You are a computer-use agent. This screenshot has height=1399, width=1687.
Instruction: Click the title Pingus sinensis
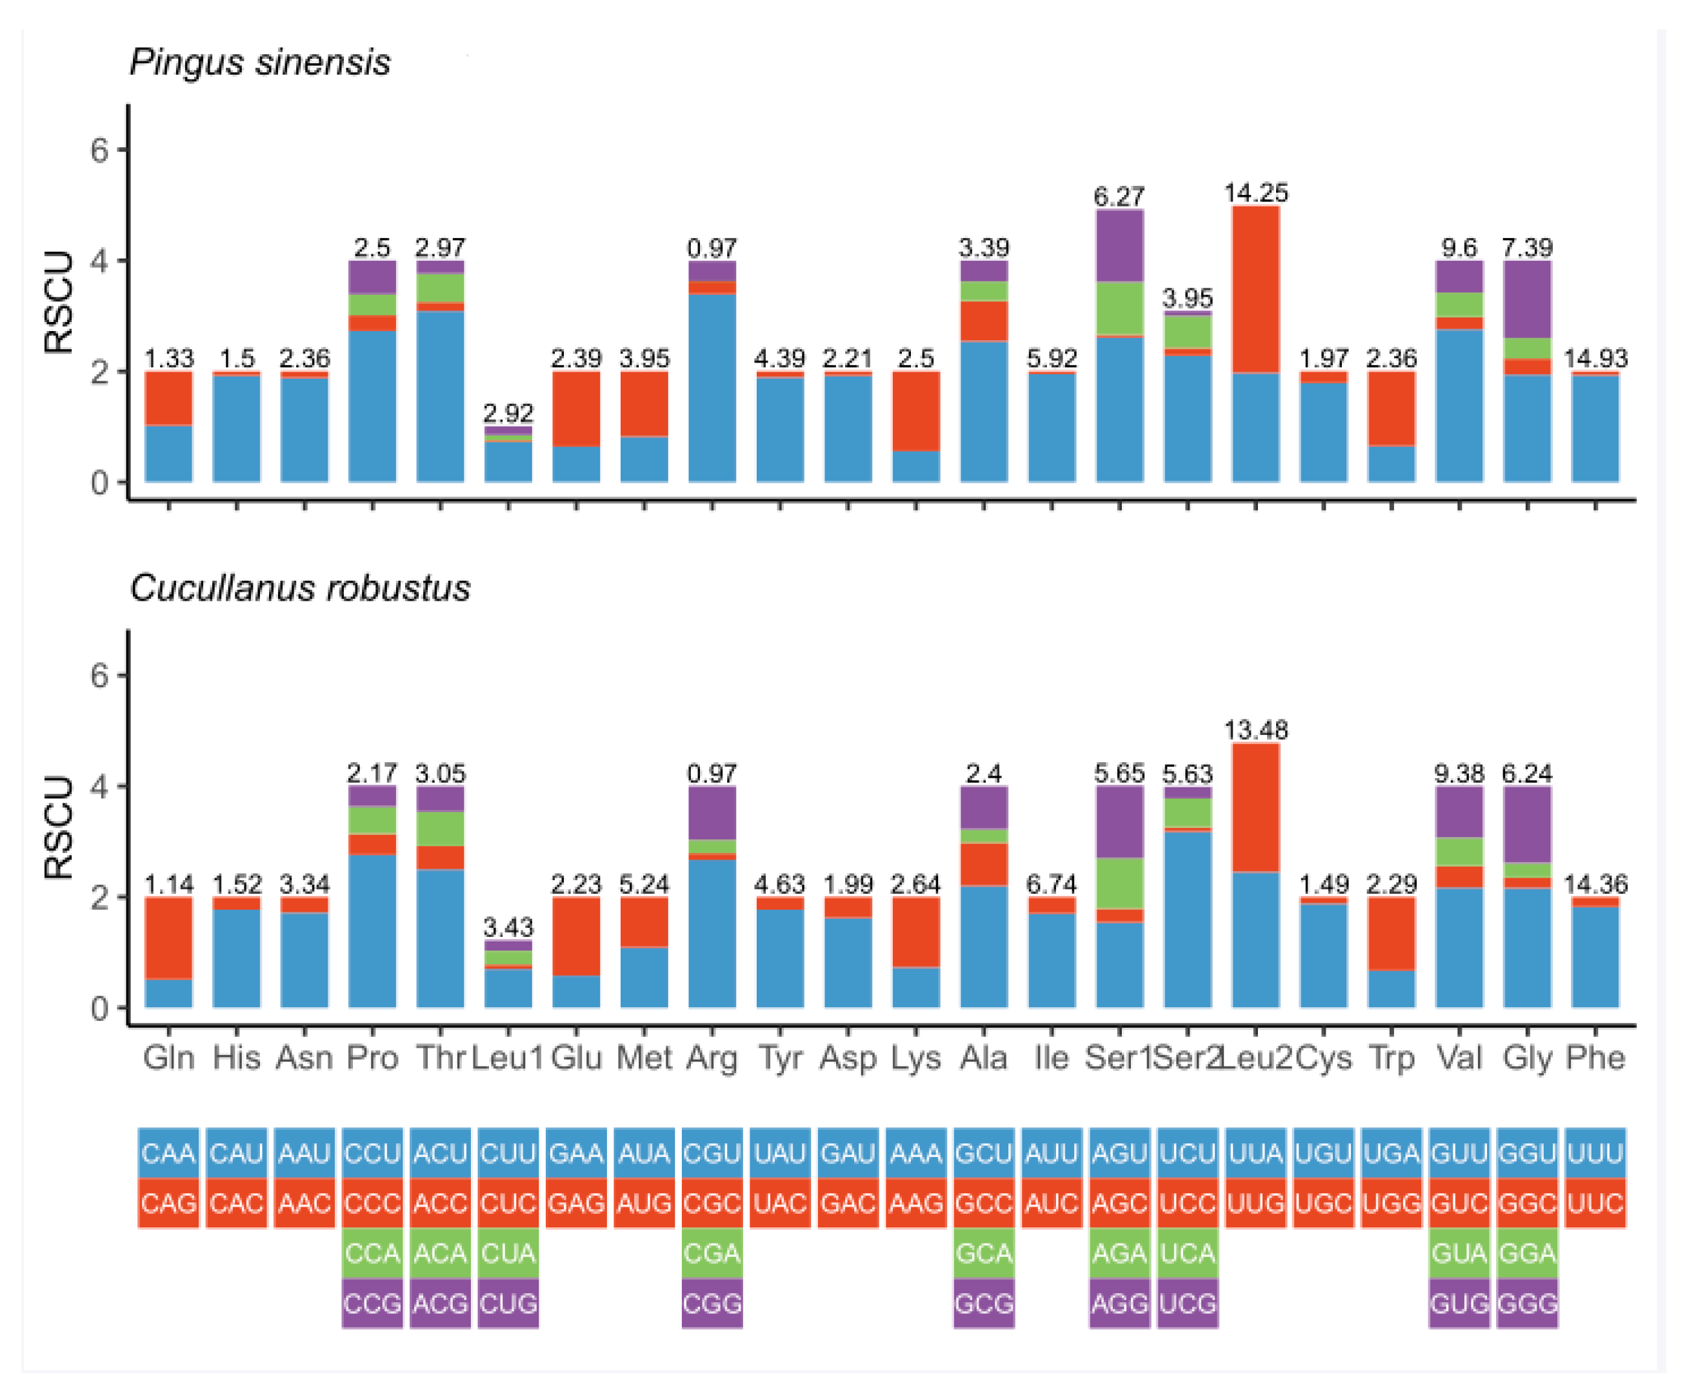click(259, 63)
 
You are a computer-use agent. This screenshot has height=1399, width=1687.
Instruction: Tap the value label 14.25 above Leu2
click(1255, 193)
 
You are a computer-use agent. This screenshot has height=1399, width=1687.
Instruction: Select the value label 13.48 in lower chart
click(1255, 730)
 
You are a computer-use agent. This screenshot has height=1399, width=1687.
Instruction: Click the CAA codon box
click(168, 1154)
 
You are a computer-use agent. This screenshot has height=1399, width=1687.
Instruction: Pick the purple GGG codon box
click(1527, 1303)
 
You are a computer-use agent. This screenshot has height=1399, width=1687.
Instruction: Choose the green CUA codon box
click(508, 1254)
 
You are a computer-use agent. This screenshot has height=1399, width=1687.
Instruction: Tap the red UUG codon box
click(1255, 1203)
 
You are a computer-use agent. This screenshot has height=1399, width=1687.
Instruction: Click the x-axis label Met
click(643, 1058)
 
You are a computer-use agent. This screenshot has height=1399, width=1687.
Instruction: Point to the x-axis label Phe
click(1595, 1058)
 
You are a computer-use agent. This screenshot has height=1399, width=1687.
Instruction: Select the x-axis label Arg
click(712, 1058)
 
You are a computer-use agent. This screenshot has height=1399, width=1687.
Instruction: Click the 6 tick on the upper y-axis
click(99, 150)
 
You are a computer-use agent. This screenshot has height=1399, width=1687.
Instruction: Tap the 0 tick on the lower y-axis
click(99, 1009)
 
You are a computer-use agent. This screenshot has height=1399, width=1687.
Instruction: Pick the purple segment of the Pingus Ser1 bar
click(1120, 246)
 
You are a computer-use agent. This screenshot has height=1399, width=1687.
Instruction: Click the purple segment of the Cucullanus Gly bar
click(1527, 825)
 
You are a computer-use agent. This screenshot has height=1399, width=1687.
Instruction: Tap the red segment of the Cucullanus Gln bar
click(168, 938)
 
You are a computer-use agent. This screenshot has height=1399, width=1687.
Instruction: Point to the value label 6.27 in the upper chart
click(1119, 196)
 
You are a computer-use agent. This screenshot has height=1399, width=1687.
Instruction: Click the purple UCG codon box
click(1187, 1303)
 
